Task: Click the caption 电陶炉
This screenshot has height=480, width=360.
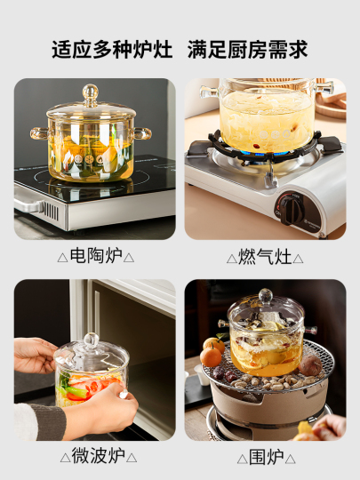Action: pyautogui.click(x=96, y=256)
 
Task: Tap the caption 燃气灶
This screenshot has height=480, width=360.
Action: pyautogui.click(x=265, y=257)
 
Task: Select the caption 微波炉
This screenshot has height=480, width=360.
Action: pyautogui.click(x=99, y=455)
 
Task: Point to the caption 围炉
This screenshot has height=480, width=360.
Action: pyautogui.click(x=267, y=457)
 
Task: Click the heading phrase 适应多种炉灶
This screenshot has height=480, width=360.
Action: pyautogui.click(x=112, y=49)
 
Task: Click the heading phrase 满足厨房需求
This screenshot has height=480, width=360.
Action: pyautogui.click(x=248, y=49)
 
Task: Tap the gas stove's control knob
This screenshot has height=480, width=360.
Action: pyautogui.click(x=291, y=210)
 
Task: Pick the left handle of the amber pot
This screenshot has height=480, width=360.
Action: pyautogui.click(x=40, y=133)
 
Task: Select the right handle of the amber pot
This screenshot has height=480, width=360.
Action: pyautogui.click(x=141, y=133)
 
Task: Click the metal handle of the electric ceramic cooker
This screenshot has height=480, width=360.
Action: pyautogui.click(x=28, y=205)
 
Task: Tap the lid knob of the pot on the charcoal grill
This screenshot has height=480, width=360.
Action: pyautogui.click(x=266, y=296)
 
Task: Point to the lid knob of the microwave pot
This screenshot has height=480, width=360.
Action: pyautogui.click(x=92, y=340)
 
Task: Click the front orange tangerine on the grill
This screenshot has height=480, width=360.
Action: pyautogui.click(x=211, y=356)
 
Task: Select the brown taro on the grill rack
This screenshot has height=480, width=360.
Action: pyautogui.click(x=310, y=365)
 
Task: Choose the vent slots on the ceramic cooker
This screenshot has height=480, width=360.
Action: pyautogui.click(x=51, y=212)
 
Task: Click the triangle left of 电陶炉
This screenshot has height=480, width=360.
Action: pyautogui.click(x=62, y=258)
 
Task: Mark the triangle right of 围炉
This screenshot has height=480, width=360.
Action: pyautogui.click(x=290, y=459)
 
